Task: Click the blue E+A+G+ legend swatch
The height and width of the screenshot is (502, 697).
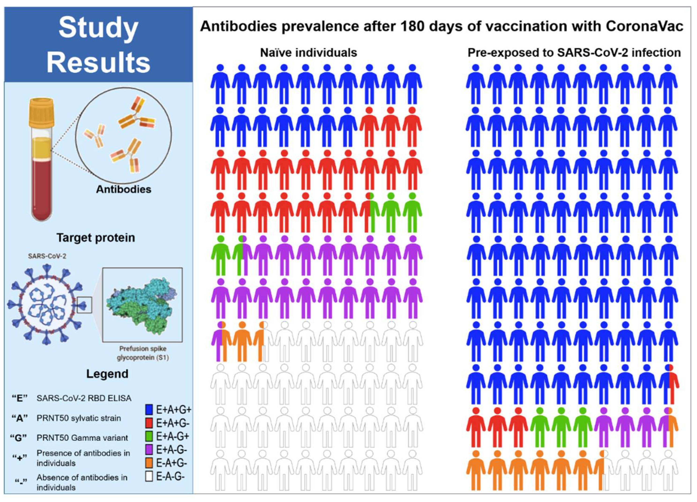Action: pos(149,410)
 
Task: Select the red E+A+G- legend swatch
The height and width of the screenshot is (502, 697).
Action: pos(149,423)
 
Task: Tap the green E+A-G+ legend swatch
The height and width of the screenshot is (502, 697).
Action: pos(149,436)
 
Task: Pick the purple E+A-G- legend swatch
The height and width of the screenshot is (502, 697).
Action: pos(149,450)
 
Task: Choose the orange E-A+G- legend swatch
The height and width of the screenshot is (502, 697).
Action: pos(149,463)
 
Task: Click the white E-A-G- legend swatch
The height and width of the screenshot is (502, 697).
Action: pos(149,476)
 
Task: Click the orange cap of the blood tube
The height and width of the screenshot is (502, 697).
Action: pos(41,112)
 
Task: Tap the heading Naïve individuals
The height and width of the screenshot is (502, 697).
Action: pos(308,53)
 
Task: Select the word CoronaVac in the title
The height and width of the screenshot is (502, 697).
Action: pos(645,26)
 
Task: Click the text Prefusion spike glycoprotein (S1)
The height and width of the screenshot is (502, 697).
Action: pos(143,353)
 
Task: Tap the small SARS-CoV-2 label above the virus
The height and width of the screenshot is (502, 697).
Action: pos(47,256)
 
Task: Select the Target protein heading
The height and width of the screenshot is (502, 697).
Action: pos(96,238)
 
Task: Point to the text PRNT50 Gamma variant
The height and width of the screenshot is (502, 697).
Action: pos(82,438)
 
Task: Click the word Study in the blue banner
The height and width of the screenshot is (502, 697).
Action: pos(98,28)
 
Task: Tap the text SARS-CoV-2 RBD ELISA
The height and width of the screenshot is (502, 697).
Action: pos(84,398)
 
